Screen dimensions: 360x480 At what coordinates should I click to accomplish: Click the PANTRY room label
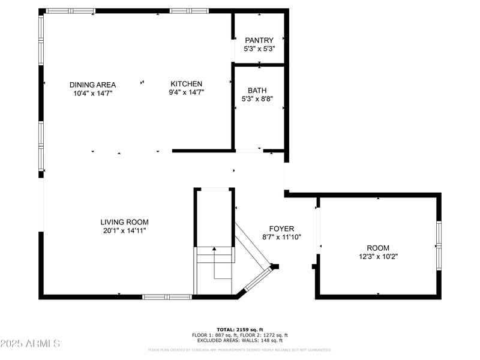point(259,40)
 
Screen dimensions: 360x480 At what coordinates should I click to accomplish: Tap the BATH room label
point(257,91)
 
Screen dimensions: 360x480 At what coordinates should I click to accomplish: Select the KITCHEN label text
point(187,84)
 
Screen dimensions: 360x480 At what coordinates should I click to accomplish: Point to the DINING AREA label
point(92,85)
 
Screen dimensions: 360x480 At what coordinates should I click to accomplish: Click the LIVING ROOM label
point(124,222)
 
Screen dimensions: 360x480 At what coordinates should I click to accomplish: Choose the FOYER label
point(281,229)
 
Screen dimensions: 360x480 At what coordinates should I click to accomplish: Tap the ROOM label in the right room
point(378,248)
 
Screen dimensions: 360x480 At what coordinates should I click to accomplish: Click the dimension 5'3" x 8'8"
point(257,99)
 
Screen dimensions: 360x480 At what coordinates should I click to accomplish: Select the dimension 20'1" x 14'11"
point(124,230)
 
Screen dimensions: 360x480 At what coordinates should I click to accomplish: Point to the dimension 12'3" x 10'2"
point(378,256)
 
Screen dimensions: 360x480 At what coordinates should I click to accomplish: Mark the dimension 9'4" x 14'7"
point(187,92)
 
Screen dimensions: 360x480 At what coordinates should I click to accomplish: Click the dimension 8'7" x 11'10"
point(281,237)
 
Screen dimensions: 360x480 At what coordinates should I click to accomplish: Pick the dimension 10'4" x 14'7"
point(92,93)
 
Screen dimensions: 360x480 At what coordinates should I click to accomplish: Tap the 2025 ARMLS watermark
point(30,344)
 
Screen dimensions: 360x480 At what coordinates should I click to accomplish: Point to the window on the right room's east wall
point(439,245)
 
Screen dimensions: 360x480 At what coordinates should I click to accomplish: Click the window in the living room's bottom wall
point(167,296)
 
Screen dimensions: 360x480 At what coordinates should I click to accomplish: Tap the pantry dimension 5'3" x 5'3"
point(259,49)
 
